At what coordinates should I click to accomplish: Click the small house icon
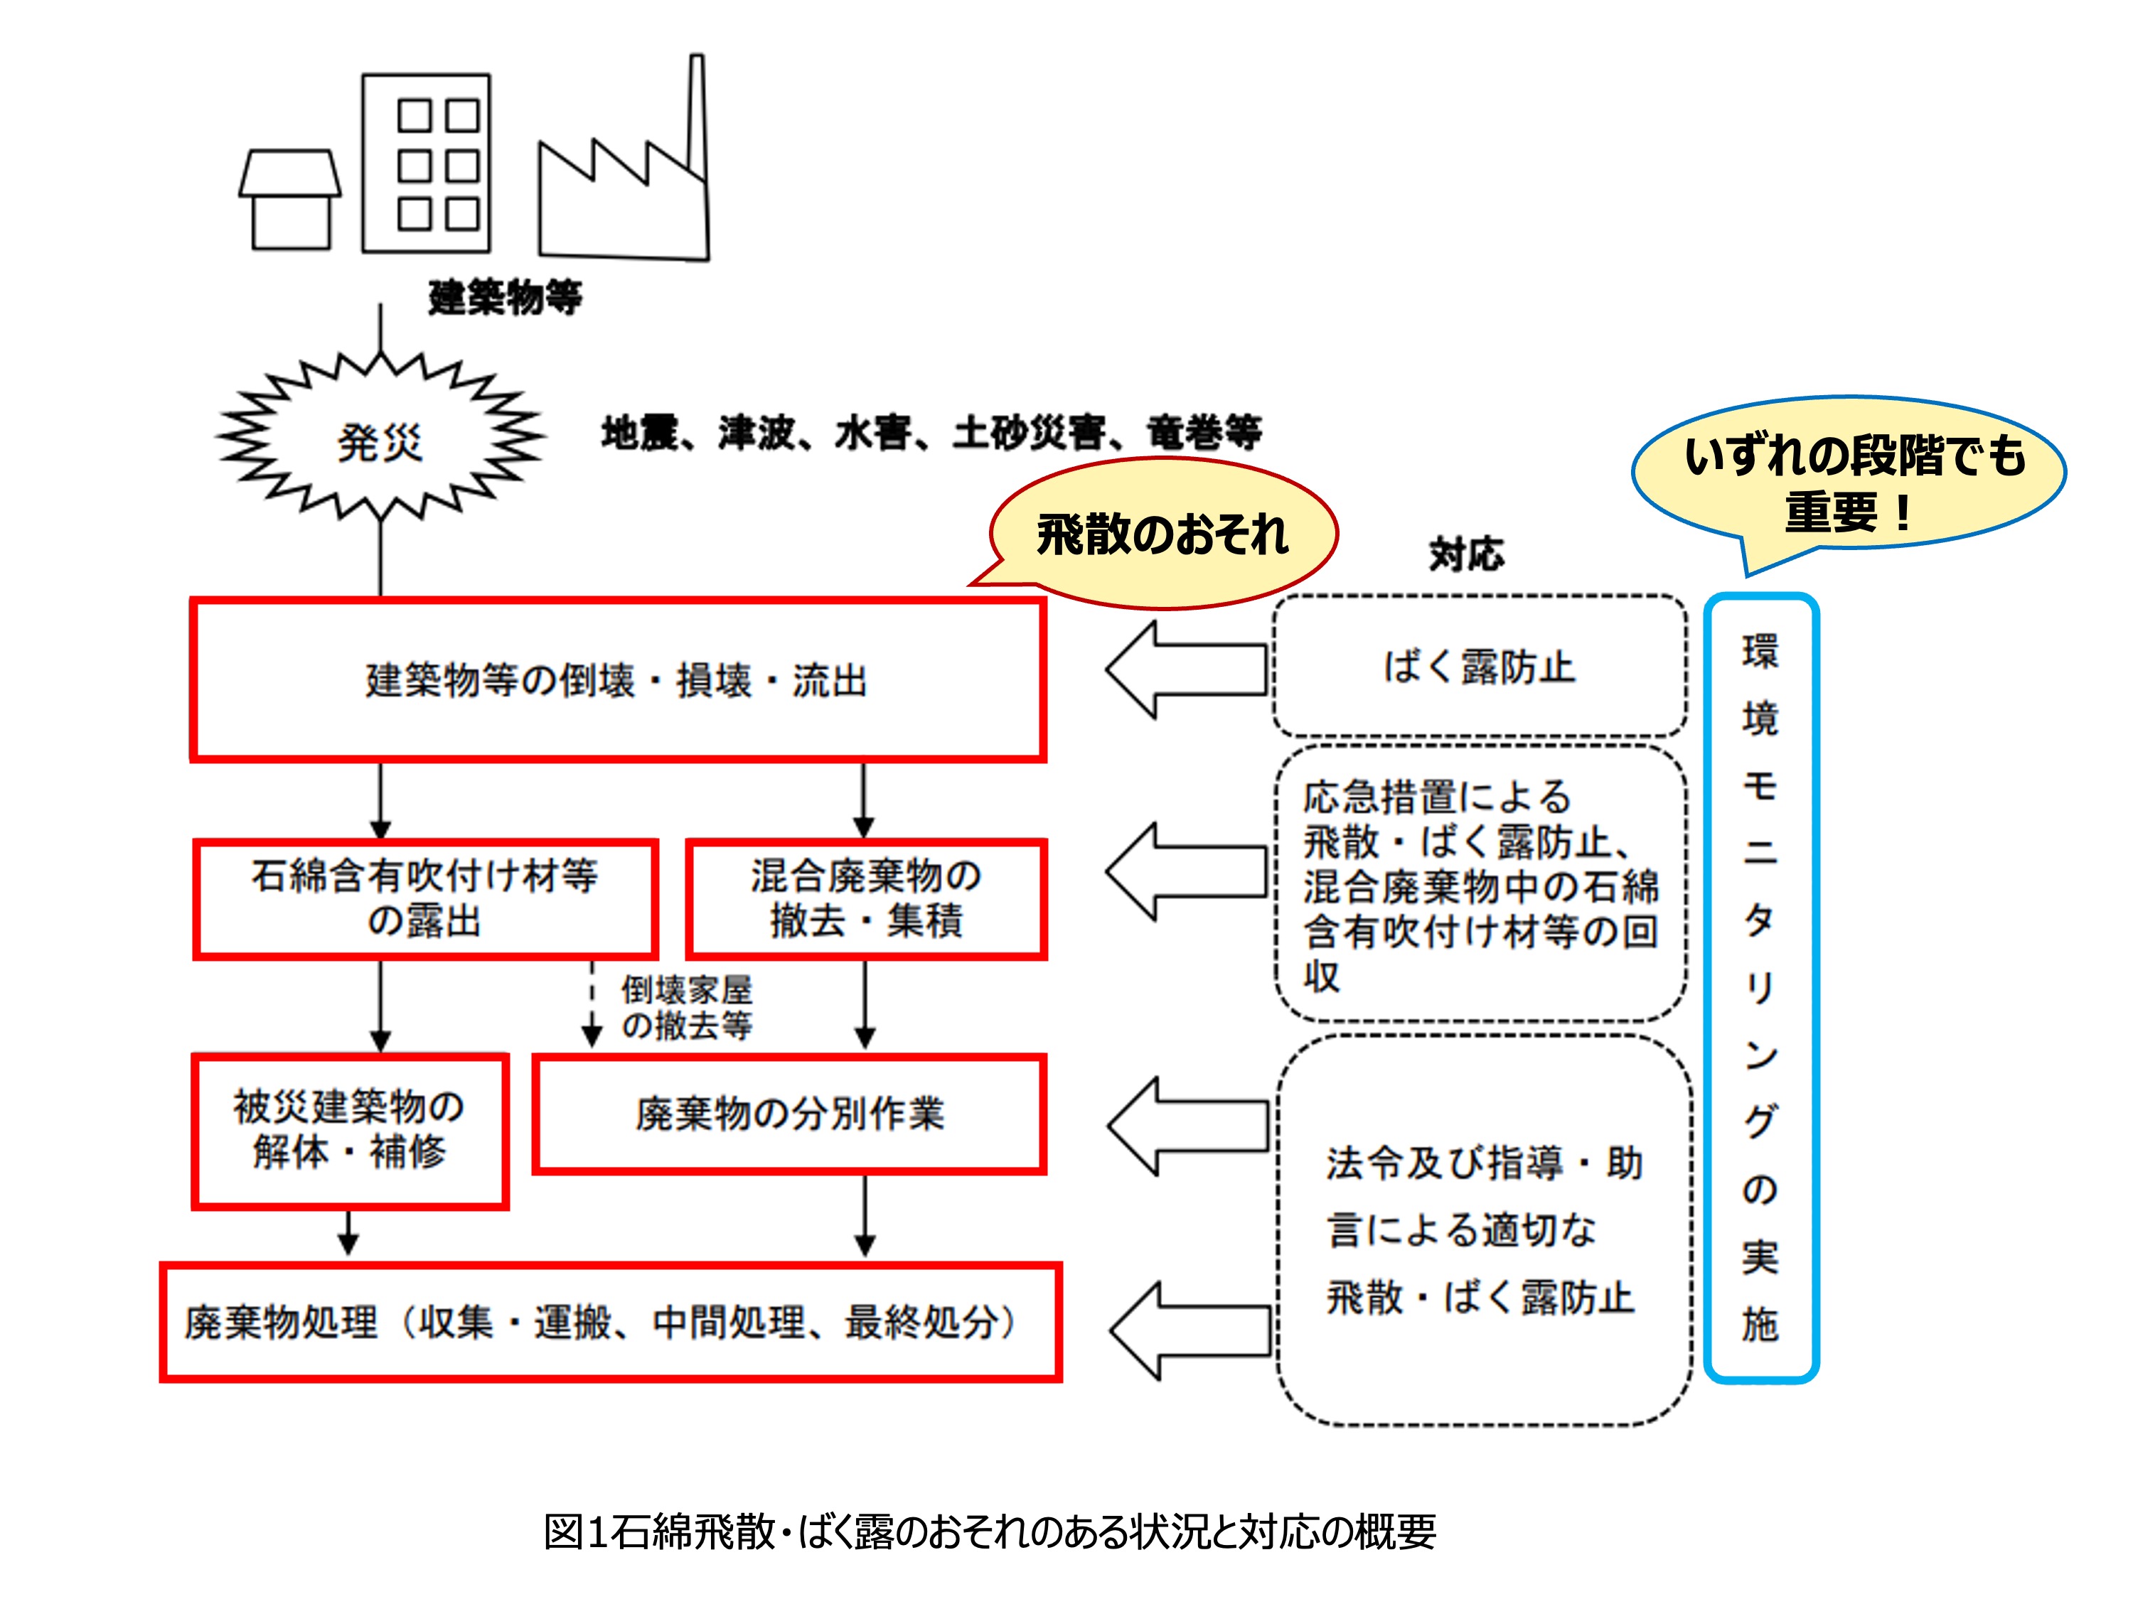click(x=290, y=200)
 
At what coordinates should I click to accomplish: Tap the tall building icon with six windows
click(x=426, y=164)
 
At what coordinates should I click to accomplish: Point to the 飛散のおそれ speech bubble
click(x=1162, y=534)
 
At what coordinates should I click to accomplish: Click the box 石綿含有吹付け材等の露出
click(x=425, y=898)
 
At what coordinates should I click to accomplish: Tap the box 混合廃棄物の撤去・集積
click(x=866, y=898)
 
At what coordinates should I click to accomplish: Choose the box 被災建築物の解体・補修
click(x=350, y=1130)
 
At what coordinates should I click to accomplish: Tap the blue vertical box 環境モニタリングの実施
click(x=1760, y=987)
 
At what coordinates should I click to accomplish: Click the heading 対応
click(x=1465, y=554)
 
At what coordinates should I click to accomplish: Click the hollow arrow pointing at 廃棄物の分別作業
click(x=1186, y=1126)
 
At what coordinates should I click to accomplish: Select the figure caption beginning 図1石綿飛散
click(x=990, y=1531)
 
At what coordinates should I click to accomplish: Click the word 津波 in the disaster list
click(x=756, y=434)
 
